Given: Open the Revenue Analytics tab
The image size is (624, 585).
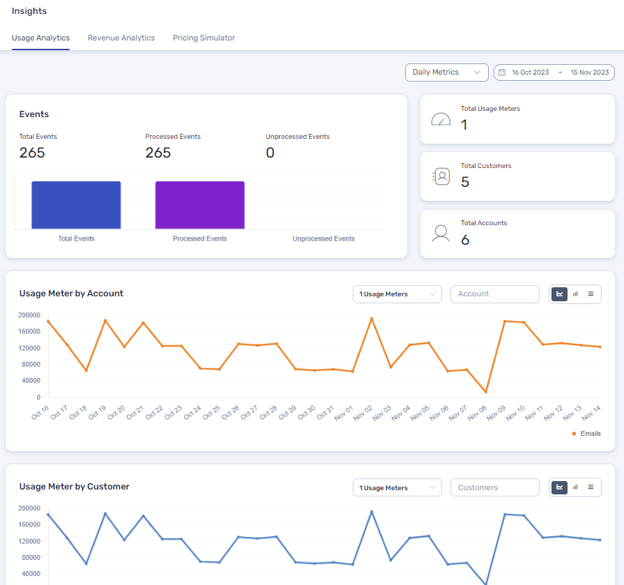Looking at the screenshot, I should point(121,38).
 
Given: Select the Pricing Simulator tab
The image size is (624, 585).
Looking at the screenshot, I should point(204,38).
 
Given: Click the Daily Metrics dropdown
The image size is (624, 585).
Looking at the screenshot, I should point(446,73).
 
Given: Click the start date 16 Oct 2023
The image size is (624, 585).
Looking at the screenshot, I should point(530,73).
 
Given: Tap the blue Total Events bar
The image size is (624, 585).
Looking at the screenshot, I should point(76,205).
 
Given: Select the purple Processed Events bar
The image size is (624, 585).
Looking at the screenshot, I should point(199,205).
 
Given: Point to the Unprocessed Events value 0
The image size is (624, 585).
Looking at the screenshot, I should point(271,153).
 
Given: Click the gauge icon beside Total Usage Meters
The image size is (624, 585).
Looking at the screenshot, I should point(441,119).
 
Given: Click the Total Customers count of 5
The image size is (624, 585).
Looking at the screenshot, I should point(465,182).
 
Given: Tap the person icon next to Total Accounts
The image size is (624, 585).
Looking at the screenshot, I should point(441,234).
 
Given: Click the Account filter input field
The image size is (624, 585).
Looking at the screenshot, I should point(494,294).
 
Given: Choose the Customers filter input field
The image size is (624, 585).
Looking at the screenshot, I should point(494,488).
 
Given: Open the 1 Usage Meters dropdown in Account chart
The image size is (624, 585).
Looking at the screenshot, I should point(397,294).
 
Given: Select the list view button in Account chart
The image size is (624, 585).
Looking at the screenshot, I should point(591,294).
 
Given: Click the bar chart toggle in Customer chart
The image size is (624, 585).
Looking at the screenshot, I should point(575,488).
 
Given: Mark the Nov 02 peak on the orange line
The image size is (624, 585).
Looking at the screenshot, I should point(372,319).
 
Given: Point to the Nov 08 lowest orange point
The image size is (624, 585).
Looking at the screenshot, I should point(486,392).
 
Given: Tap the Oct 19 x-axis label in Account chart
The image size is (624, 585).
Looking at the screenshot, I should point(98,413).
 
